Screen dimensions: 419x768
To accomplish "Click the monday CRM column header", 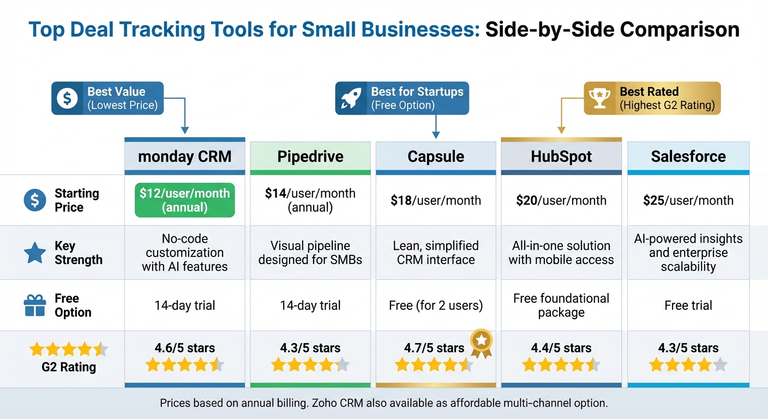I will (x=185, y=157).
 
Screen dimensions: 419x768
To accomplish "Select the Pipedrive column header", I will (x=310, y=157).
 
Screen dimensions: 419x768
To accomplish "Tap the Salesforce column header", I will (x=688, y=157).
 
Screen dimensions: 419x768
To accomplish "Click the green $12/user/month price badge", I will (x=185, y=200).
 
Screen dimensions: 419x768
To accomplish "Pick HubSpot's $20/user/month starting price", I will (x=561, y=200).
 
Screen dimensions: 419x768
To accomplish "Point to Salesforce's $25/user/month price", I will (x=688, y=200).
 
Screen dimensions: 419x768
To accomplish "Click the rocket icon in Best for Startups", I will (x=351, y=98).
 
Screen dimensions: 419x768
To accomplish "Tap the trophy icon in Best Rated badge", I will (x=600, y=98).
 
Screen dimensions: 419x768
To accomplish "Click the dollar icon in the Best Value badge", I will (x=67, y=98).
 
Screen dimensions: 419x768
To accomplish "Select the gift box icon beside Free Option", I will (x=35, y=305).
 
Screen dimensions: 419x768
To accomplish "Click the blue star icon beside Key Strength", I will (x=35, y=253).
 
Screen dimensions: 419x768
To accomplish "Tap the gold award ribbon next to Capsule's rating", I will (x=481, y=342).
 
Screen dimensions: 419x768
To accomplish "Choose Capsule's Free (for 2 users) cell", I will (x=436, y=306).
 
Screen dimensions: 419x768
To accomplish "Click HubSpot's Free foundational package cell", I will (x=561, y=306).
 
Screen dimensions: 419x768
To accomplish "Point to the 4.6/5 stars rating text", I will (x=185, y=348).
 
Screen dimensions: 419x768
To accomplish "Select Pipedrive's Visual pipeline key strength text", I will (x=310, y=253).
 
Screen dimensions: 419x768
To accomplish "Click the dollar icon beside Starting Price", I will (x=35, y=200).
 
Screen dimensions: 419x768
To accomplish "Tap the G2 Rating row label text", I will (x=69, y=367).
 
